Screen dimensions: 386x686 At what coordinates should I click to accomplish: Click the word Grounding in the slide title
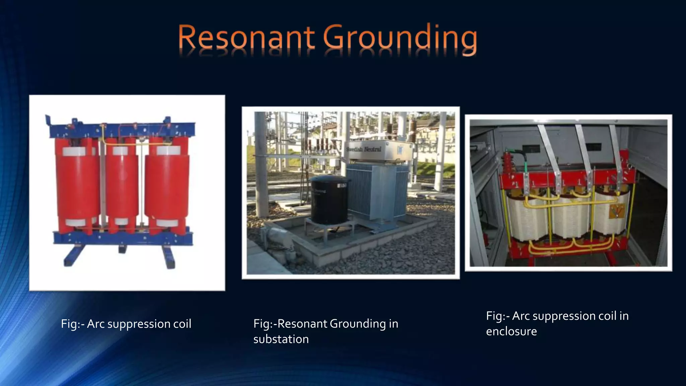point(400,39)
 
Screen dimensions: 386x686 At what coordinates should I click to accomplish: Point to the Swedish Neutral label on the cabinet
point(364,149)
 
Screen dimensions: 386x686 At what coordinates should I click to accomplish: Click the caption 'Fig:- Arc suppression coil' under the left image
point(126,324)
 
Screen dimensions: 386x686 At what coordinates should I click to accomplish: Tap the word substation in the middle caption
point(281,339)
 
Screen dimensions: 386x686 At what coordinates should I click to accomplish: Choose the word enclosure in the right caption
point(511,331)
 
